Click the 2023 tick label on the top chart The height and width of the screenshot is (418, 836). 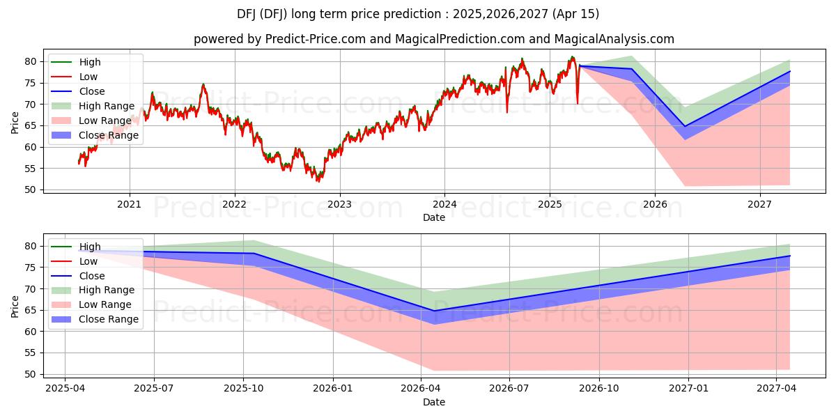(339, 204)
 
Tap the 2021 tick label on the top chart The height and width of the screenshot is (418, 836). (129, 204)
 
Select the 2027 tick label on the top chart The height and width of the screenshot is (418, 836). (759, 204)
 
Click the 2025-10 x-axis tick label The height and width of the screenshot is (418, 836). (243, 389)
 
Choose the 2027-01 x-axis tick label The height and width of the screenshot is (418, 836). (688, 389)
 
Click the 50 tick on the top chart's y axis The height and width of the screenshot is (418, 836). (30, 190)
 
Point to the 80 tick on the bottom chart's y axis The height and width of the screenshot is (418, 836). (30, 246)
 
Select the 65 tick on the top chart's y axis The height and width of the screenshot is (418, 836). (30, 125)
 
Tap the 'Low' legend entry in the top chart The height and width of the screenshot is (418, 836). (88, 77)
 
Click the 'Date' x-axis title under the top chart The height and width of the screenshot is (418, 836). (434, 217)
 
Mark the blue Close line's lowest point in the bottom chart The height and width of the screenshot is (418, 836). (434, 311)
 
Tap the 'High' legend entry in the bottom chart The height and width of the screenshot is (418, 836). (90, 247)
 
